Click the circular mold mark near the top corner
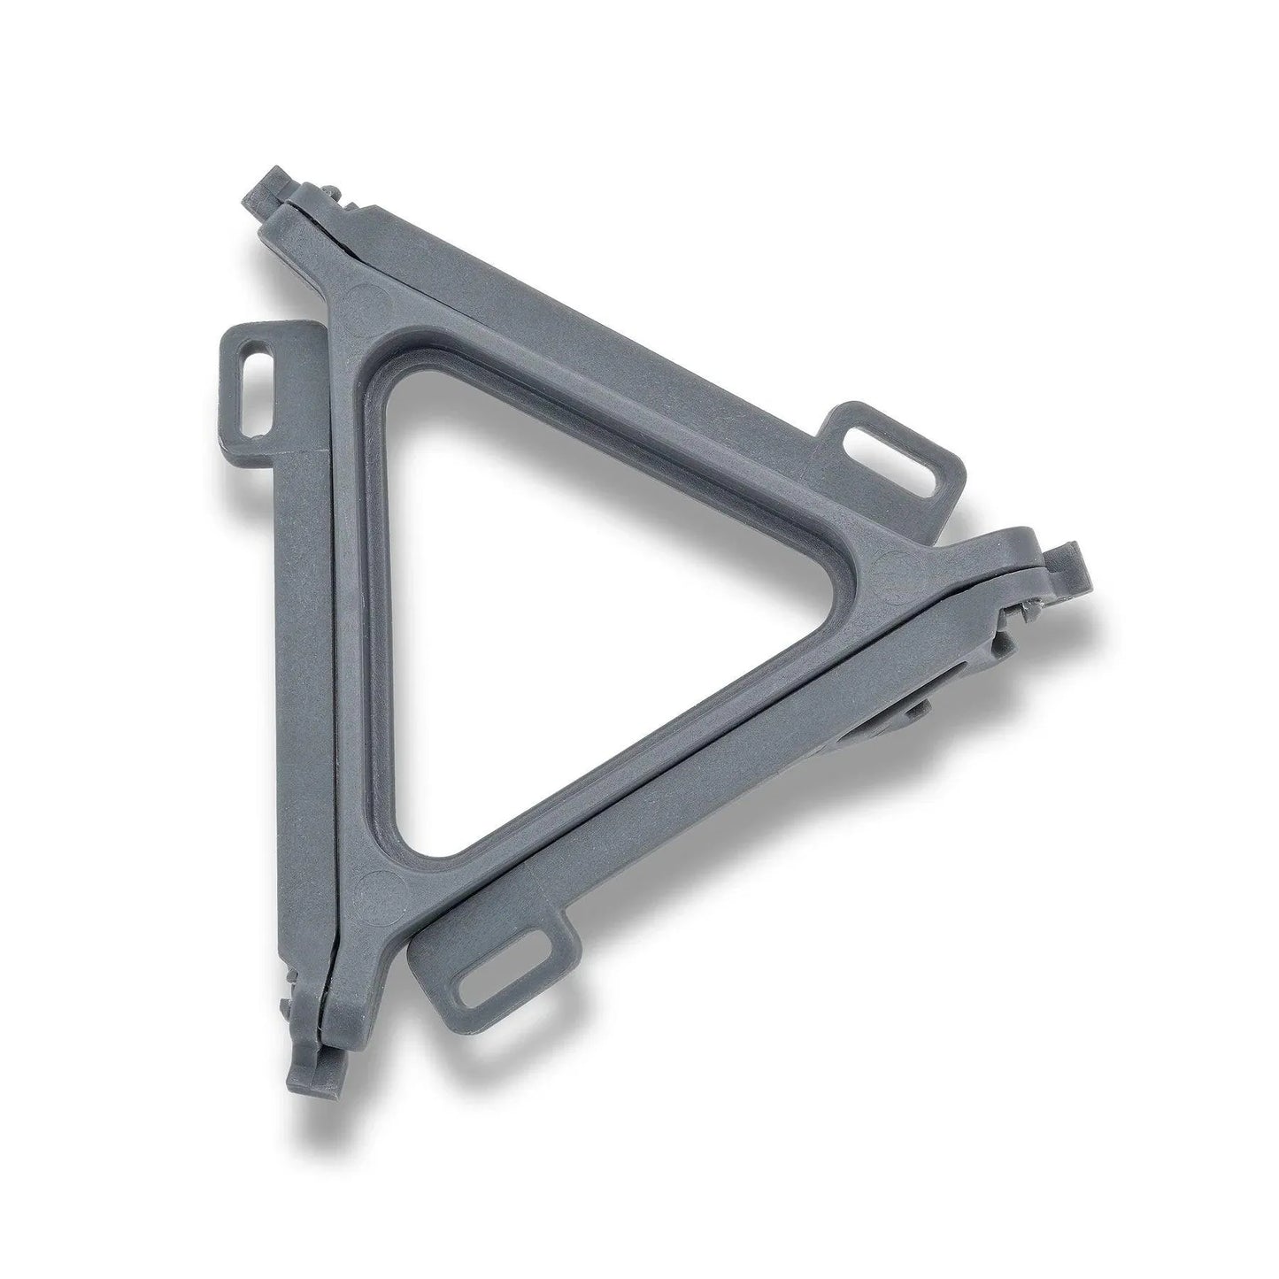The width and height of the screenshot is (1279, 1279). click(369, 297)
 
